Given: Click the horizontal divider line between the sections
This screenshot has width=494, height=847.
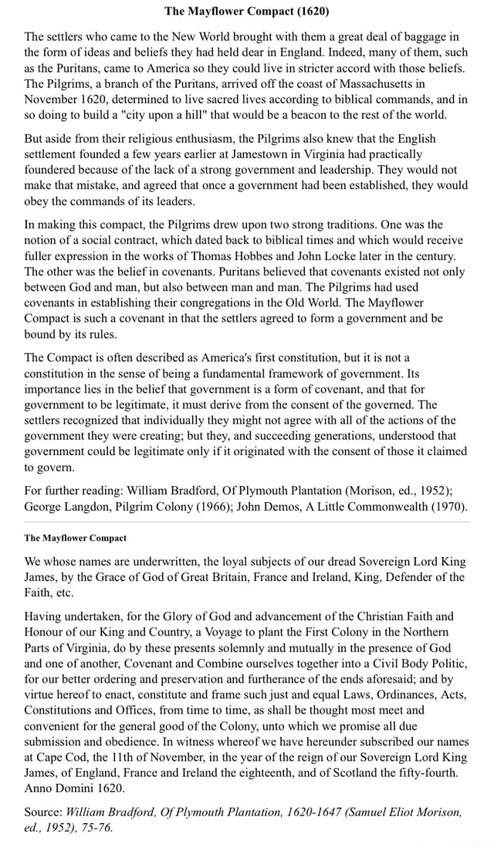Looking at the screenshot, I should click(247, 522).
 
